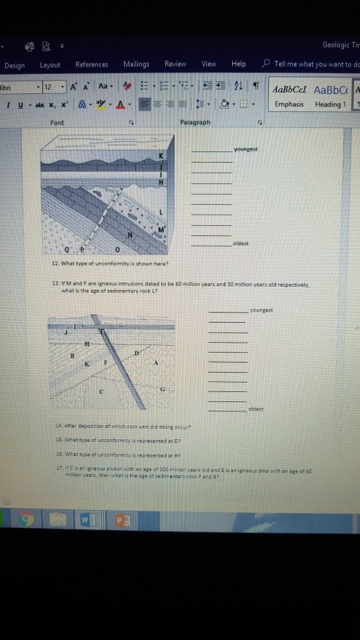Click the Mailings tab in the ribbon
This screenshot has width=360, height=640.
(x=136, y=65)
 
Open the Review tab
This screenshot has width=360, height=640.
(x=175, y=65)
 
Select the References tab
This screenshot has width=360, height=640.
(x=91, y=65)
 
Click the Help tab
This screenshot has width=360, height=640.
(x=239, y=65)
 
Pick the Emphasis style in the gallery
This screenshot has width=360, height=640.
(x=289, y=104)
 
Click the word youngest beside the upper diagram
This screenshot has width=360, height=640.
(x=245, y=149)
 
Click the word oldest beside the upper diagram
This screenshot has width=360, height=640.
(x=241, y=243)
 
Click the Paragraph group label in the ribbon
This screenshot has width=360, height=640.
(x=194, y=123)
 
